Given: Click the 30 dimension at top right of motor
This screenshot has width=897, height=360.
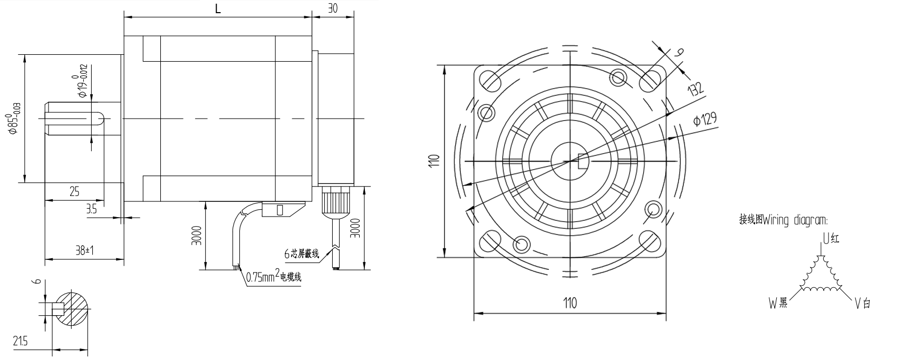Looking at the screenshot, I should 332,8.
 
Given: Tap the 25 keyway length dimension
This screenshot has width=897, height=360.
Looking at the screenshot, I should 74,192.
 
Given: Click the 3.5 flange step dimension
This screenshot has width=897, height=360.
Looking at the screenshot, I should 91,209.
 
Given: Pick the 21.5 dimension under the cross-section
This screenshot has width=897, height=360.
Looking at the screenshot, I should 21,342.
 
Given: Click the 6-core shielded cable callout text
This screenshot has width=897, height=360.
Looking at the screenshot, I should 302,254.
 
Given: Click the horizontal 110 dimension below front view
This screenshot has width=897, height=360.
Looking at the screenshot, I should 570,303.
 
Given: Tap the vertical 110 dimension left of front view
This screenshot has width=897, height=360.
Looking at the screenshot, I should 433,160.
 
